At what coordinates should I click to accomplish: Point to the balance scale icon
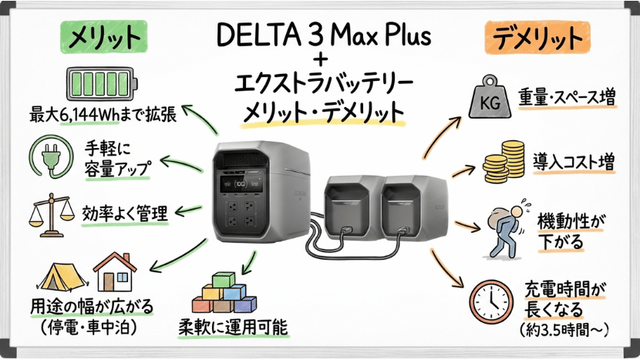pyautogui.click(x=49, y=214)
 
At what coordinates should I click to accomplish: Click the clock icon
pyautogui.click(x=493, y=301)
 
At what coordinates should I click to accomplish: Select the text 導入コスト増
pyautogui.click(x=573, y=162)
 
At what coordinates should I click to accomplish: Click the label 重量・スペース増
pyautogui.click(x=576, y=98)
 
